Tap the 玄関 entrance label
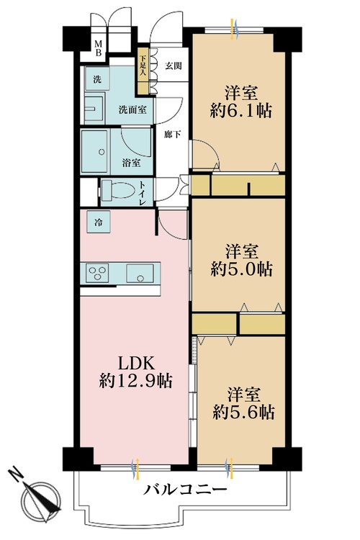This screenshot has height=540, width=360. pos(173,66)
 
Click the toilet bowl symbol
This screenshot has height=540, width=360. pos(118,191)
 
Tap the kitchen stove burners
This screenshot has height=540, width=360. pos(97,273)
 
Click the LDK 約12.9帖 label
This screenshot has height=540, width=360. pos(135,372)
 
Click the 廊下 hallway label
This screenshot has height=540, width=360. pos(173,135)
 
